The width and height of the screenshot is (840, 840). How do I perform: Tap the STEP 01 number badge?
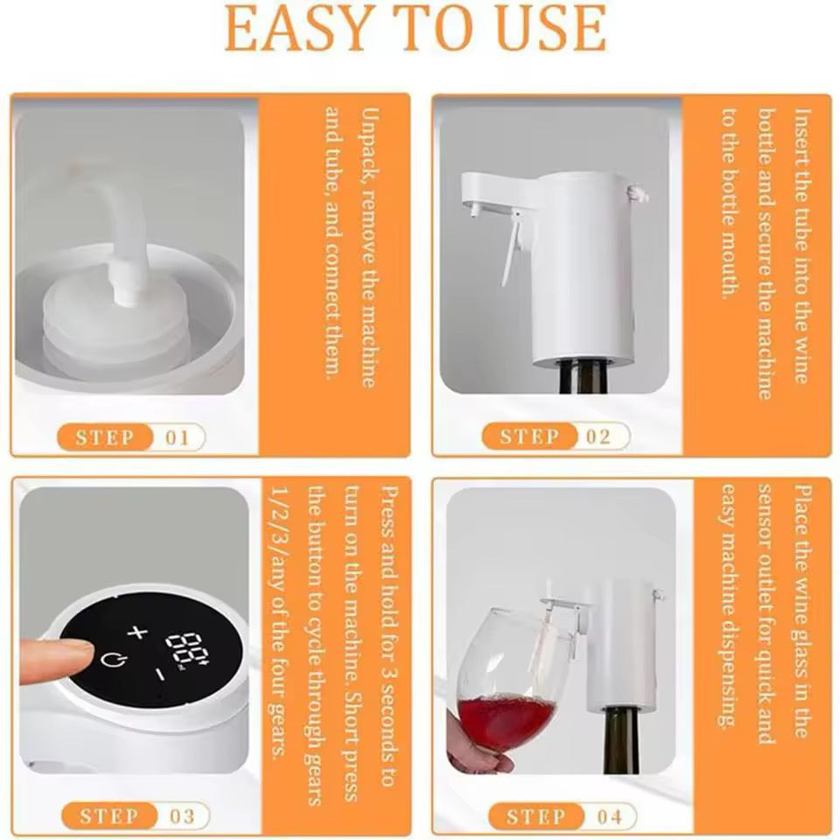click(x=178, y=437)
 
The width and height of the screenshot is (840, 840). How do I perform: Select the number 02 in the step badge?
click(x=598, y=437)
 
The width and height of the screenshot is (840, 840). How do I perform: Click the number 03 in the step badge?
click(x=182, y=816)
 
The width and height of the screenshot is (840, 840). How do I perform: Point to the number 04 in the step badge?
click(x=610, y=816)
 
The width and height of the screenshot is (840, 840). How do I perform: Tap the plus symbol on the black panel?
click(x=136, y=633)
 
